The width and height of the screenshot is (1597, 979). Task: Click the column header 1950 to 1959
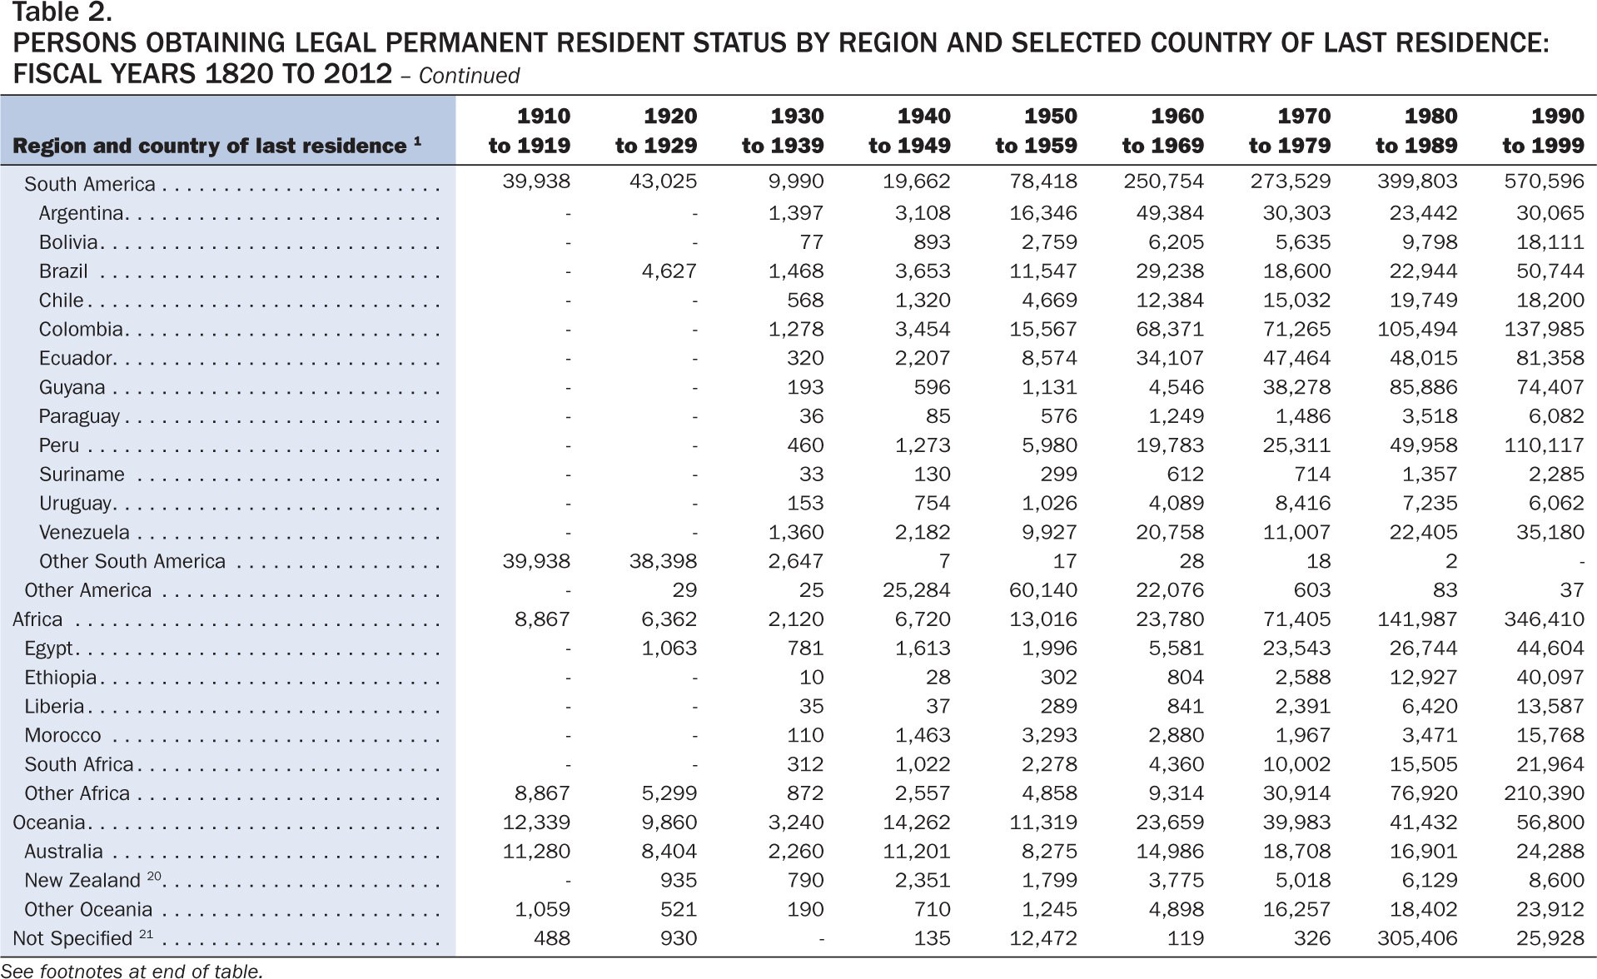click(1036, 131)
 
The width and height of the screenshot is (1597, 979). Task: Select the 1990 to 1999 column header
click(1543, 131)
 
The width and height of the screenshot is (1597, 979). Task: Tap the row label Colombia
click(81, 330)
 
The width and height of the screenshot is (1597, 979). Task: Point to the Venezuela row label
click(84, 533)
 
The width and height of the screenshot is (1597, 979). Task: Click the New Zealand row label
click(82, 881)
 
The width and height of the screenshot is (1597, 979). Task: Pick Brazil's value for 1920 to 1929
click(669, 271)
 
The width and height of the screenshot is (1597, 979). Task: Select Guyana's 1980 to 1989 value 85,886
click(1423, 387)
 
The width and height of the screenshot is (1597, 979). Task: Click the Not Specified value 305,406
click(1417, 938)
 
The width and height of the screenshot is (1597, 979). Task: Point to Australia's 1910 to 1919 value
click(536, 852)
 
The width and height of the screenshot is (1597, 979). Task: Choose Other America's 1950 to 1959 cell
click(1043, 590)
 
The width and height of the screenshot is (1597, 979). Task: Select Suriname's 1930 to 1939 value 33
click(811, 475)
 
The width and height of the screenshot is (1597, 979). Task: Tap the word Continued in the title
click(469, 76)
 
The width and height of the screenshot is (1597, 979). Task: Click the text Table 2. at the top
click(62, 12)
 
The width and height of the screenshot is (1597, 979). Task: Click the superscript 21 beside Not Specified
click(146, 933)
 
